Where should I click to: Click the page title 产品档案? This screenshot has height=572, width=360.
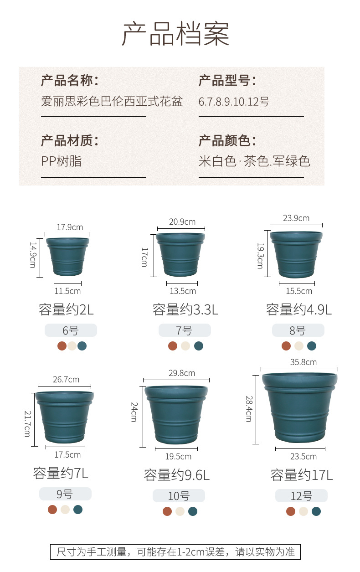click(x=175, y=33)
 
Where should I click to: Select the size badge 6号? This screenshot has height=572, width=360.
click(x=71, y=330)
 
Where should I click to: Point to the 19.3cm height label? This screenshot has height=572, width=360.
click(x=260, y=255)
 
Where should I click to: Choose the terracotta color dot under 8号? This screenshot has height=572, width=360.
click(x=286, y=346)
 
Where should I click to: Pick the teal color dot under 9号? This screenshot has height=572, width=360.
click(x=78, y=510)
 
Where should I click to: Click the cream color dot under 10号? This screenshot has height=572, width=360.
click(x=180, y=511)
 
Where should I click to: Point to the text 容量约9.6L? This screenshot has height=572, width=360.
click(x=177, y=475)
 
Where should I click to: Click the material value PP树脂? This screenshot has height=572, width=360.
click(x=62, y=161)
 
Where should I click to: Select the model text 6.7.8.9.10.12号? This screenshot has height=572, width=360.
click(x=234, y=102)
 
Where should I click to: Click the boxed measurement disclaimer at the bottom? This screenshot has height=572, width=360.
click(x=175, y=552)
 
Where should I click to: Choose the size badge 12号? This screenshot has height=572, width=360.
click(x=301, y=496)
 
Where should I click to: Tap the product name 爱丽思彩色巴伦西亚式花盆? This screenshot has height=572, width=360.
click(x=112, y=101)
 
